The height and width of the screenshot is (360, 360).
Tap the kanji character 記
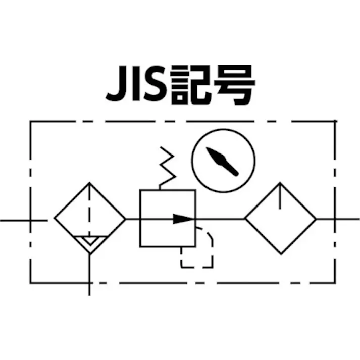point(191,84)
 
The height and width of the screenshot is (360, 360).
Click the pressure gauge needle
point(222,162)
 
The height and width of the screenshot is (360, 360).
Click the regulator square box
point(140,219)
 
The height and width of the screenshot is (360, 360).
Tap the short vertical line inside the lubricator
point(280,196)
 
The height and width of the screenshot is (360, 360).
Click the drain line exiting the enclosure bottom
point(89,275)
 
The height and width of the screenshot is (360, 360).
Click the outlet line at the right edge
point(338,219)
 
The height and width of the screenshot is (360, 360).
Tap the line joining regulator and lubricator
point(221,219)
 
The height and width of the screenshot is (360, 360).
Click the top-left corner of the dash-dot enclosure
point(30,121)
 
